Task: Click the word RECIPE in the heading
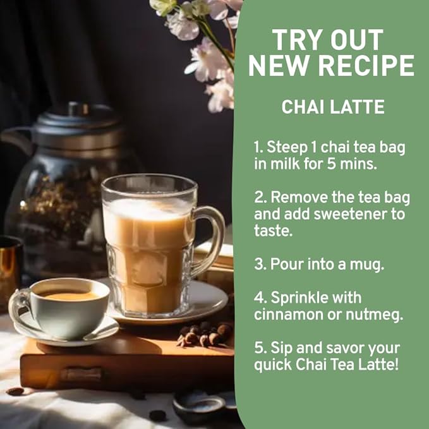[366, 66]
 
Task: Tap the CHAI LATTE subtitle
[333, 107]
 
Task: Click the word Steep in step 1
[287, 147]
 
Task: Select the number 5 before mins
[331, 164]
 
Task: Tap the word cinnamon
[289, 315]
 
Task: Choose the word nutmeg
[374, 315]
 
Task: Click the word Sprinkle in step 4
[316, 298]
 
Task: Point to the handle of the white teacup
[18, 304]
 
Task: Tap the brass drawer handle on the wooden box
[81, 374]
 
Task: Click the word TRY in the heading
[296, 40]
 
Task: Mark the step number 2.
[258, 197]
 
